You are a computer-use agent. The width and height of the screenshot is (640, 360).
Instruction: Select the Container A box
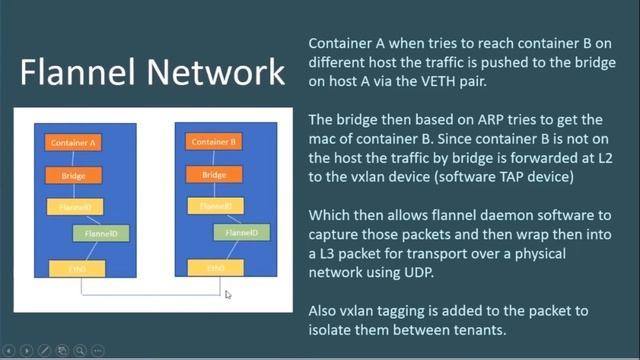74,143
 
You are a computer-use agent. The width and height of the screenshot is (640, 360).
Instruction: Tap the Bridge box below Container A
74,175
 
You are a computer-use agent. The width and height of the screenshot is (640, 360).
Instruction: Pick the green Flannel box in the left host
99,234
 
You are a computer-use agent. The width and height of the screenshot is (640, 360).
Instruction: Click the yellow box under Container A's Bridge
74,207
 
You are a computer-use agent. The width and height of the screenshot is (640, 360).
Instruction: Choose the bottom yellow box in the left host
74,267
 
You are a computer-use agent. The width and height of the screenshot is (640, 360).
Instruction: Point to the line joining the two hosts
150,294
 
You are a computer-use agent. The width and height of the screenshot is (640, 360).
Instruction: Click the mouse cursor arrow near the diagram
228,294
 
